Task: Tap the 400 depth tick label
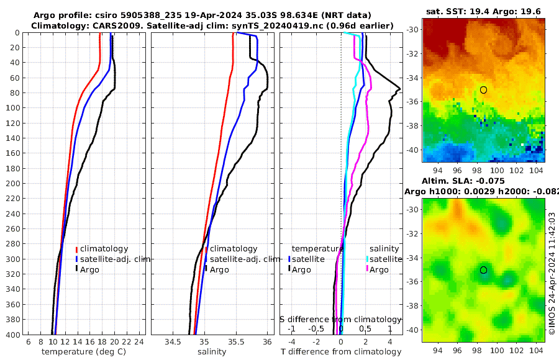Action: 11,335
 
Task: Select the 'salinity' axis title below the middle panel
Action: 211,352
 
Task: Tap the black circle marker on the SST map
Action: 483,90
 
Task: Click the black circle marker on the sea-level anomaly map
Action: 483,270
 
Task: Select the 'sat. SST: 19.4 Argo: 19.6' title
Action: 483,12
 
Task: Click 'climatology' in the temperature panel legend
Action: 104,249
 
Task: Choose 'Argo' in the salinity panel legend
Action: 219,270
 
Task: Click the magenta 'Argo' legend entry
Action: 379,270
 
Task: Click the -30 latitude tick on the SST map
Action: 412,30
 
